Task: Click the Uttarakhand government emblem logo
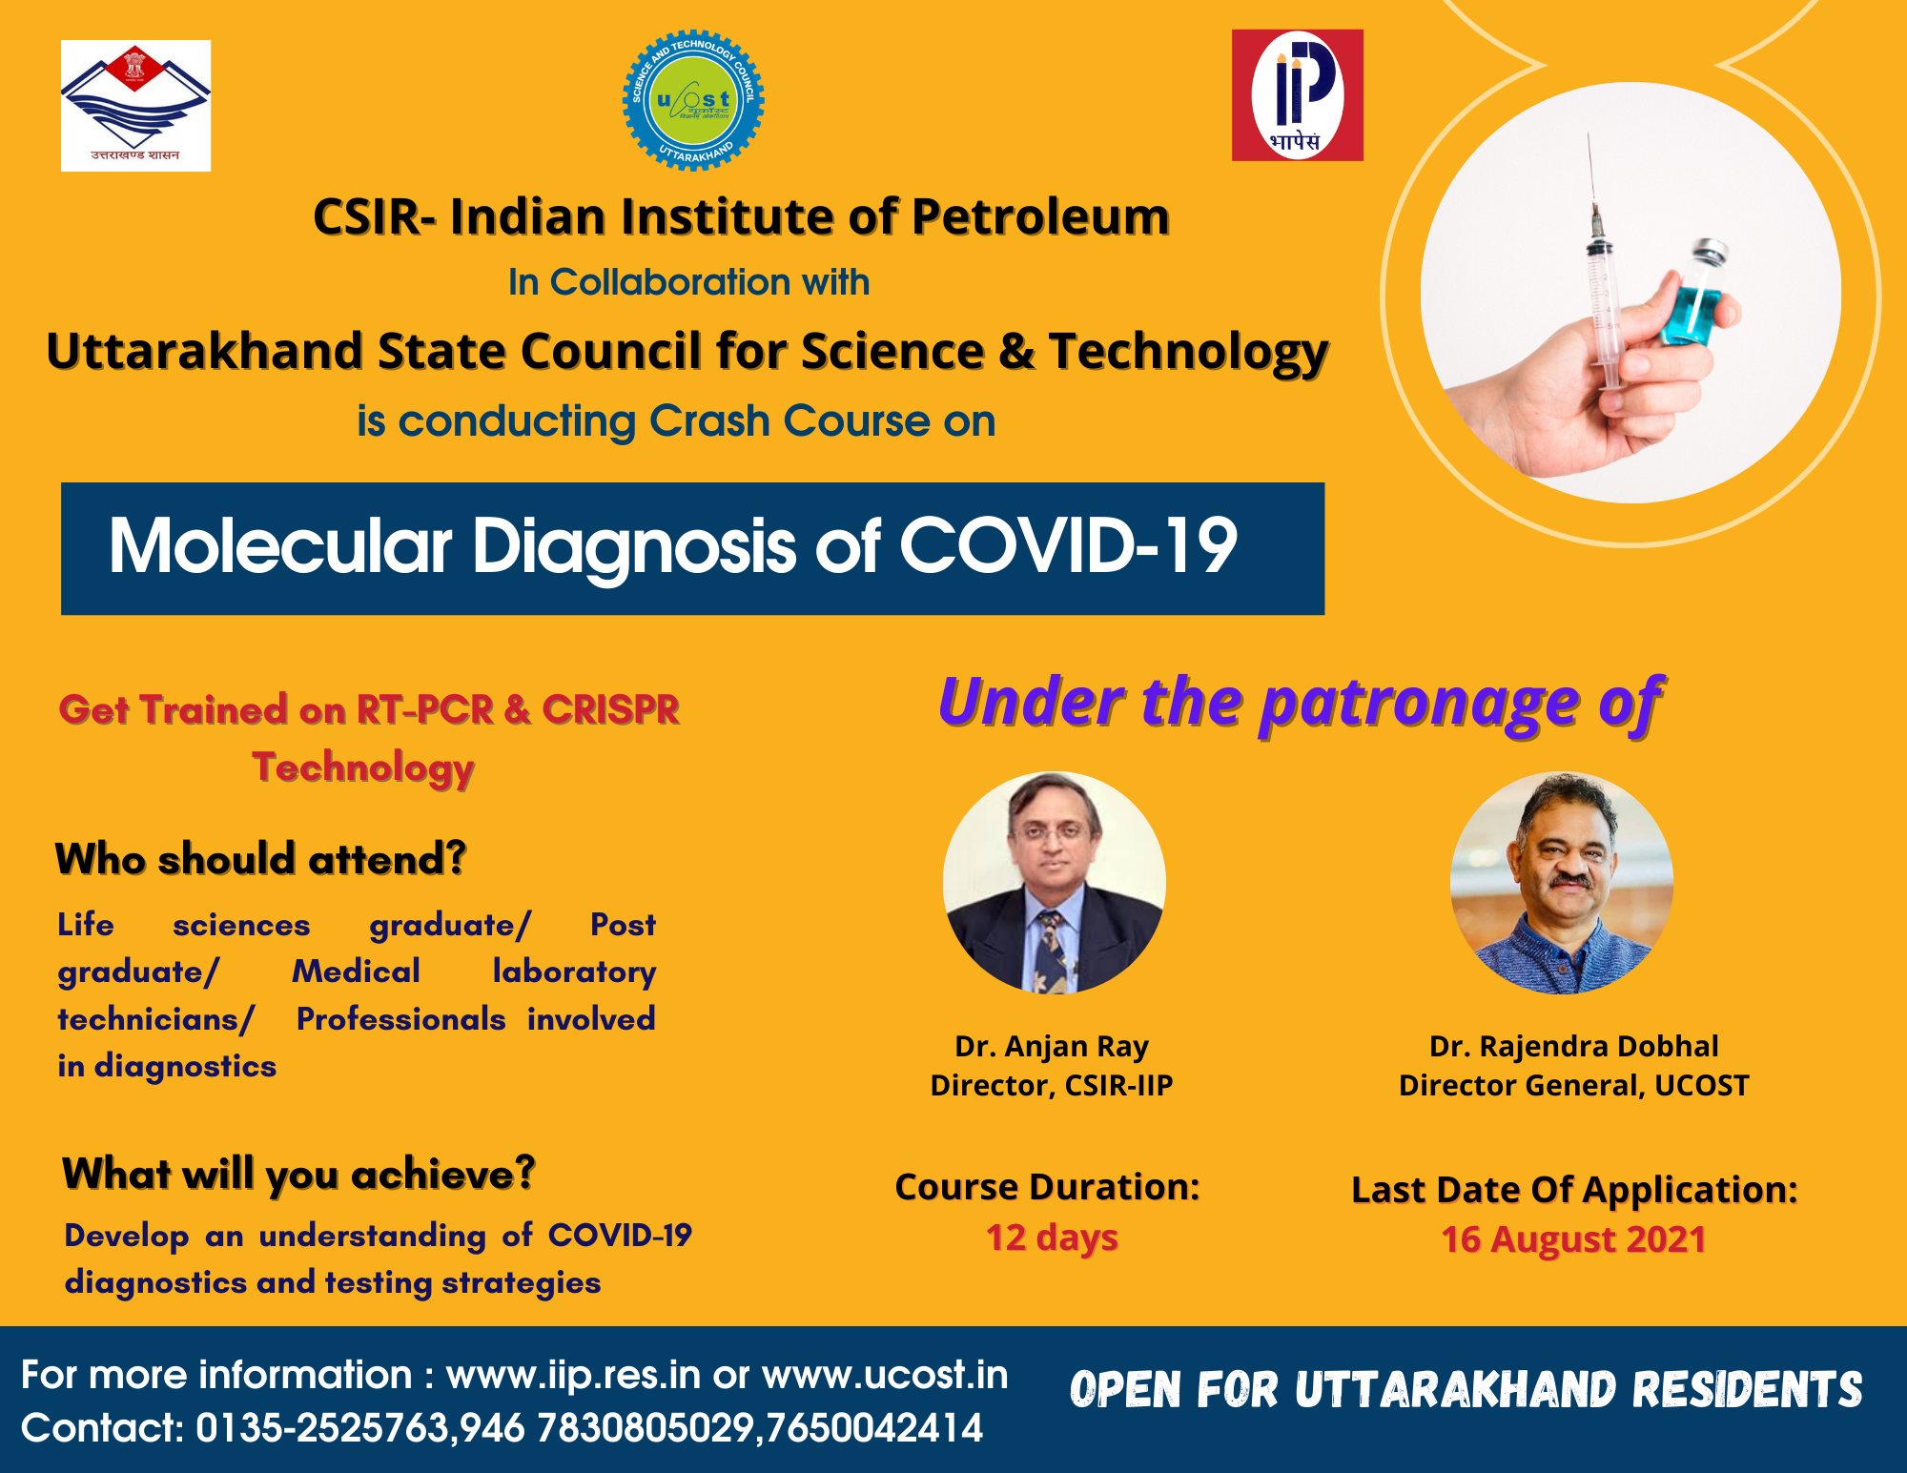pos(135,105)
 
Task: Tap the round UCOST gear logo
pos(693,100)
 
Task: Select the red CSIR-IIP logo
pos(1297,94)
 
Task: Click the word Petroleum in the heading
pos(1040,216)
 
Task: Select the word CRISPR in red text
pos(610,709)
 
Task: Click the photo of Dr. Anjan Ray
pos(1054,883)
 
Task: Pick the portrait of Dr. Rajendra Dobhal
pos(1562,883)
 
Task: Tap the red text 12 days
pos(1052,1238)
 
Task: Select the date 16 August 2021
pos(1573,1239)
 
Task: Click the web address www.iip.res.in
pos(573,1375)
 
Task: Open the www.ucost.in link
pos(885,1375)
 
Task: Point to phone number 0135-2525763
pos(322,1428)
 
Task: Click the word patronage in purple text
pos(1421,705)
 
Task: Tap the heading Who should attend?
pos(260,859)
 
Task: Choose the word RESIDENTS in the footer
pos(1747,1389)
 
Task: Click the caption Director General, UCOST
pos(1573,1085)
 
